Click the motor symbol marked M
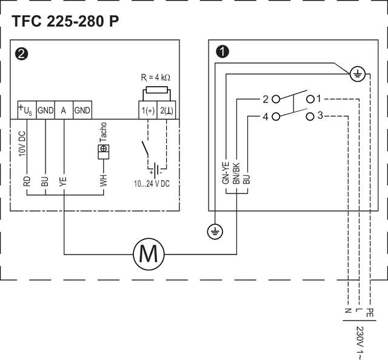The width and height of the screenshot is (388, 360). click(x=149, y=254)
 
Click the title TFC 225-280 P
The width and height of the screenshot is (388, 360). click(x=65, y=21)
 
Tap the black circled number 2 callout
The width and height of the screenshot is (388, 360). click(x=22, y=54)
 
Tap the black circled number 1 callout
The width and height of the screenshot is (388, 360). click(x=222, y=52)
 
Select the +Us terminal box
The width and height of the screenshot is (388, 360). click(x=27, y=110)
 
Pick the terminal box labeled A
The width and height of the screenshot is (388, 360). click(x=64, y=110)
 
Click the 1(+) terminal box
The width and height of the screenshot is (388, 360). click(x=148, y=110)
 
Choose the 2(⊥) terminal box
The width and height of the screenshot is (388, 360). click(x=167, y=110)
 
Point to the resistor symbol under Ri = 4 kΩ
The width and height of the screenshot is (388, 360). click(x=157, y=90)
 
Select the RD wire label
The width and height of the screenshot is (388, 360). click(x=27, y=181)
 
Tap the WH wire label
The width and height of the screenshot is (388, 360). click(x=104, y=181)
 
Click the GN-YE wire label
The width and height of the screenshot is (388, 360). click(x=226, y=173)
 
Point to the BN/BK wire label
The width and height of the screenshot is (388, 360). click(x=236, y=173)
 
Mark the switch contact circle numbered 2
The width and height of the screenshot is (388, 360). click(x=276, y=99)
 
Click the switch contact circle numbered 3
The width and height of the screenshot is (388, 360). click(x=310, y=116)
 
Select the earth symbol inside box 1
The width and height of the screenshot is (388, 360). click(x=358, y=73)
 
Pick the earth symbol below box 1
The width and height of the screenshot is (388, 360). click(x=215, y=232)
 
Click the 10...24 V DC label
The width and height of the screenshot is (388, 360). click(x=152, y=184)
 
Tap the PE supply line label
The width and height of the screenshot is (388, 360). click(x=370, y=313)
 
